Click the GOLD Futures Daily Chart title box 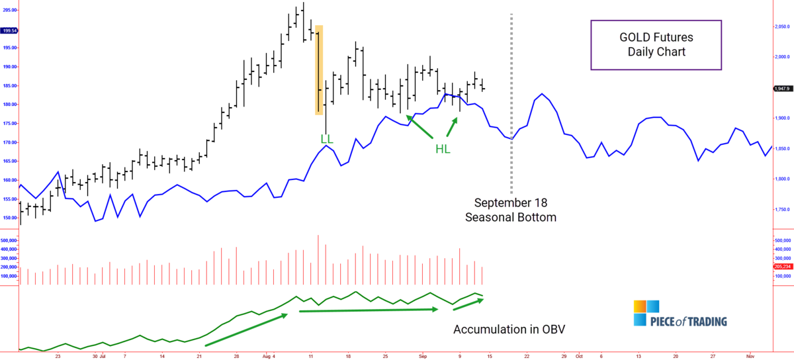656,44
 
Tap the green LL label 327,140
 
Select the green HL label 443,149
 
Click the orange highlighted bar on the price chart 319,70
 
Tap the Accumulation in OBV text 509,330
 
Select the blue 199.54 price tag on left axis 10,30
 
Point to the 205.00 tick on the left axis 10,10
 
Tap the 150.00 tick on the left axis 10,218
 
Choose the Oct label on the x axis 578,355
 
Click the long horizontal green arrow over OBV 369,309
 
